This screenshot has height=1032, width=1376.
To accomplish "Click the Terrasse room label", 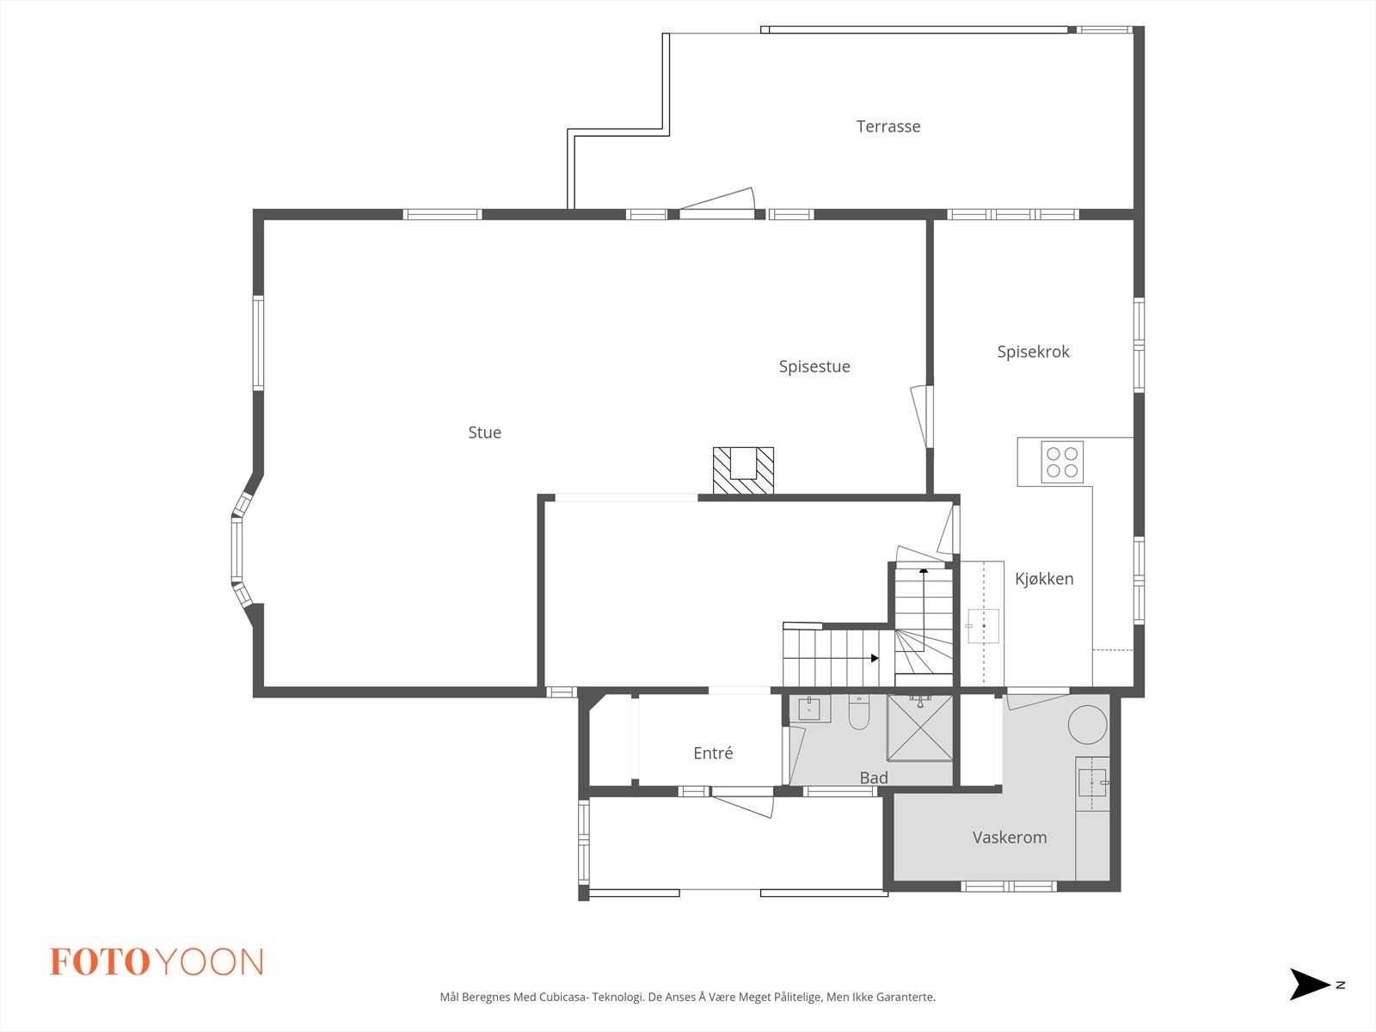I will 888,126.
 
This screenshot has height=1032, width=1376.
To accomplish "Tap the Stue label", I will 484,433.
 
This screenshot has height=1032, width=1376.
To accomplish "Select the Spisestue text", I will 814,366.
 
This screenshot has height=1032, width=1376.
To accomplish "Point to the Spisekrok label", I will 1033,352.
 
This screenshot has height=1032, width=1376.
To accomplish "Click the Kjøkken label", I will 1043,579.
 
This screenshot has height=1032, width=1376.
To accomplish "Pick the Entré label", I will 713,753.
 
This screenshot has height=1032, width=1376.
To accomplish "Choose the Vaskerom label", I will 1009,838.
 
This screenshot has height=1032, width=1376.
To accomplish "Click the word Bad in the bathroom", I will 873,777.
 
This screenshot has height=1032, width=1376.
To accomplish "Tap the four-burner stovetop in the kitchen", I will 1061,462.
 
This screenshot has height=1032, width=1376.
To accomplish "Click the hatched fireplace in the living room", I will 743,471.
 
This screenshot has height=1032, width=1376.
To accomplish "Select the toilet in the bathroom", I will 859,713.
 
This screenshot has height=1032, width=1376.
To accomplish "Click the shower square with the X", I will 920,728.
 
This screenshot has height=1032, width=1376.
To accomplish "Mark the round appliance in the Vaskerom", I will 1087,724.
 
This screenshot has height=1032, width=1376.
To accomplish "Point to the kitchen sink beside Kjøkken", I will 983,626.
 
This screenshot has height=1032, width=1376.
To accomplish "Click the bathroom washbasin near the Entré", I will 809,709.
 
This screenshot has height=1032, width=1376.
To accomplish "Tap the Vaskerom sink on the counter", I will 1091,783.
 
